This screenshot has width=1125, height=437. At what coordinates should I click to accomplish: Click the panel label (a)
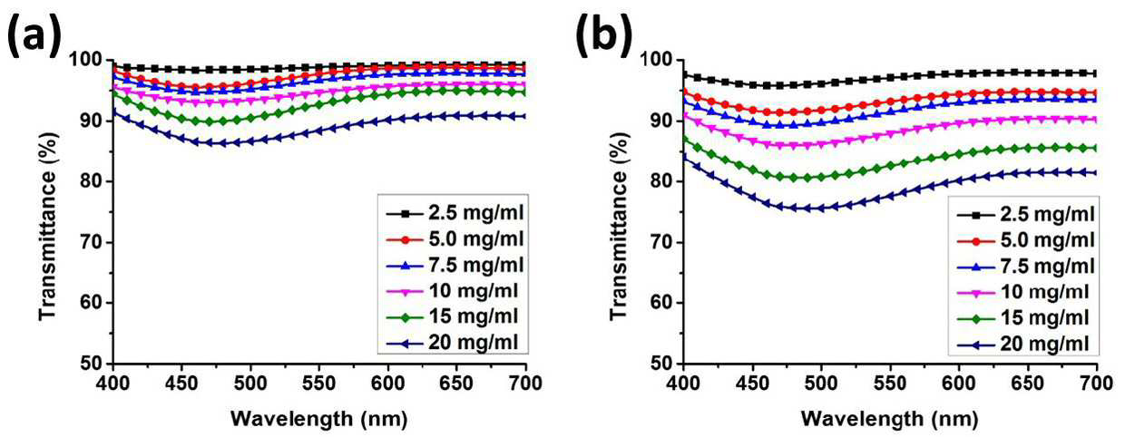coord(34,35)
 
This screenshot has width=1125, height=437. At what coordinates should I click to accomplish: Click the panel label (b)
coord(603,35)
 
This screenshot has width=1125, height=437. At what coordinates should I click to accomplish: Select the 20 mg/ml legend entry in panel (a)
coord(453,344)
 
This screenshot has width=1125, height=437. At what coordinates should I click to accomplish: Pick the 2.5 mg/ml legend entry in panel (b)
coord(1024,215)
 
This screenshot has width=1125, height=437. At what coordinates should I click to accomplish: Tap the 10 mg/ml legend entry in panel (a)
coord(453,291)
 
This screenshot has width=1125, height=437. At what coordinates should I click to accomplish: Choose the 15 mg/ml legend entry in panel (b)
coord(1022,318)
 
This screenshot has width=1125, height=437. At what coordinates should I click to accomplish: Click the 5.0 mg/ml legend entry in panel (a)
coord(455,239)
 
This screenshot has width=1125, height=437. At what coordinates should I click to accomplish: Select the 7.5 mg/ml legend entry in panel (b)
coord(1024,267)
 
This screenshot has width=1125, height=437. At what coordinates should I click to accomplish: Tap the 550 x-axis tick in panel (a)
coord(319,384)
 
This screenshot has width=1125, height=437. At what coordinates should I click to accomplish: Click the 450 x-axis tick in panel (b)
coord(752,384)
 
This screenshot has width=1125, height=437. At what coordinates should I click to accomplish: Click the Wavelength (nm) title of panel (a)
coord(319,419)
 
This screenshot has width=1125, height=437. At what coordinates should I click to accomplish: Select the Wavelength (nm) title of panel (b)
coord(889,419)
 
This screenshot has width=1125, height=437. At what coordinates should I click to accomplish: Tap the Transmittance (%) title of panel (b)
coord(619,226)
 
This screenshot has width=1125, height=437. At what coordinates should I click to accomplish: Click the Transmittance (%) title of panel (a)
coord(48,226)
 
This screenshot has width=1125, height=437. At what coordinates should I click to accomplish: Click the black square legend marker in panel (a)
coord(406,214)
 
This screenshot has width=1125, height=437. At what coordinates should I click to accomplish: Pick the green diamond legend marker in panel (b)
coord(976,318)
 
